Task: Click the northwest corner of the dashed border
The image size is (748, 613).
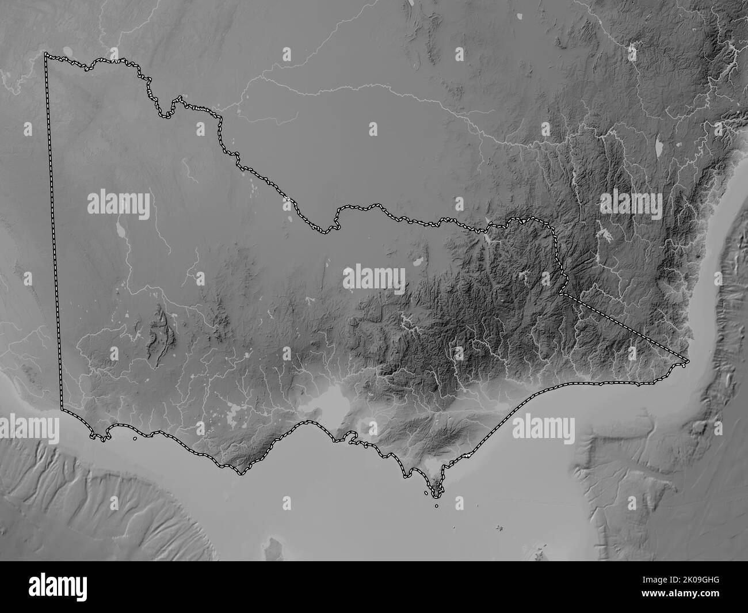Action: [x=47, y=55]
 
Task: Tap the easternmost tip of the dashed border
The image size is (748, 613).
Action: [x=688, y=361]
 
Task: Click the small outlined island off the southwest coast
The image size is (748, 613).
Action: [x=134, y=438]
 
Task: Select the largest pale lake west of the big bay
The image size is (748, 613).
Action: [x=236, y=412]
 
